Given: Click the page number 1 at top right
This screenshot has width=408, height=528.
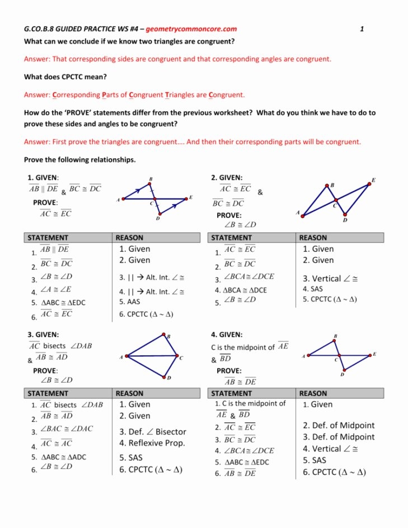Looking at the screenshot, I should click(x=362, y=29).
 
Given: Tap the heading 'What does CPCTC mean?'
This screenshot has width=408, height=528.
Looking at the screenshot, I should click(x=65, y=77).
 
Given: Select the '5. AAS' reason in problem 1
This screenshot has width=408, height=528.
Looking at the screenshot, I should click(x=130, y=301).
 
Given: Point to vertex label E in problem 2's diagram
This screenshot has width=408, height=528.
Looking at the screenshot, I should click(x=373, y=180).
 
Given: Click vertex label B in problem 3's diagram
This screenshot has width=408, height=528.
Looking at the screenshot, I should click(x=168, y=336).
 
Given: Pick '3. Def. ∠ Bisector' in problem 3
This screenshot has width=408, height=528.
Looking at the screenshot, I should click(x=152, y=432).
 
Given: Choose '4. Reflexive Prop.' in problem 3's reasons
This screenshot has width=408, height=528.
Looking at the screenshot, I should click(x=152, y=444).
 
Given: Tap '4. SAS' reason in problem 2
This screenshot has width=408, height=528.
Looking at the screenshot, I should click(x=313, y=289).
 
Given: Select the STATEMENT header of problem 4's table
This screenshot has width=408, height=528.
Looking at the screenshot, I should click(x=232, y=393).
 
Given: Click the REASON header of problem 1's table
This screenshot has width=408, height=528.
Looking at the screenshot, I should click(x=129, y=238).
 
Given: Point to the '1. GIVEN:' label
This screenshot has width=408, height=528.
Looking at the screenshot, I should click(x=44, y=178).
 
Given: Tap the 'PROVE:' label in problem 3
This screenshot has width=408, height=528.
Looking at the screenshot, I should click(x=45, y=371).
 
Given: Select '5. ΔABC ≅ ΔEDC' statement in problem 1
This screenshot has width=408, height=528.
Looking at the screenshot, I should click(x=59, y=303).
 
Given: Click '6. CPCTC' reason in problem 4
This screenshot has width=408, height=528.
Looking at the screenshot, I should click(x=334, y=472).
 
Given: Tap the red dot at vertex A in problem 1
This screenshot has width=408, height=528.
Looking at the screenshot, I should click(x=124, y=198).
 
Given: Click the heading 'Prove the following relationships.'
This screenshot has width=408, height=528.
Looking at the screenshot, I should click(x=79, y=159).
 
